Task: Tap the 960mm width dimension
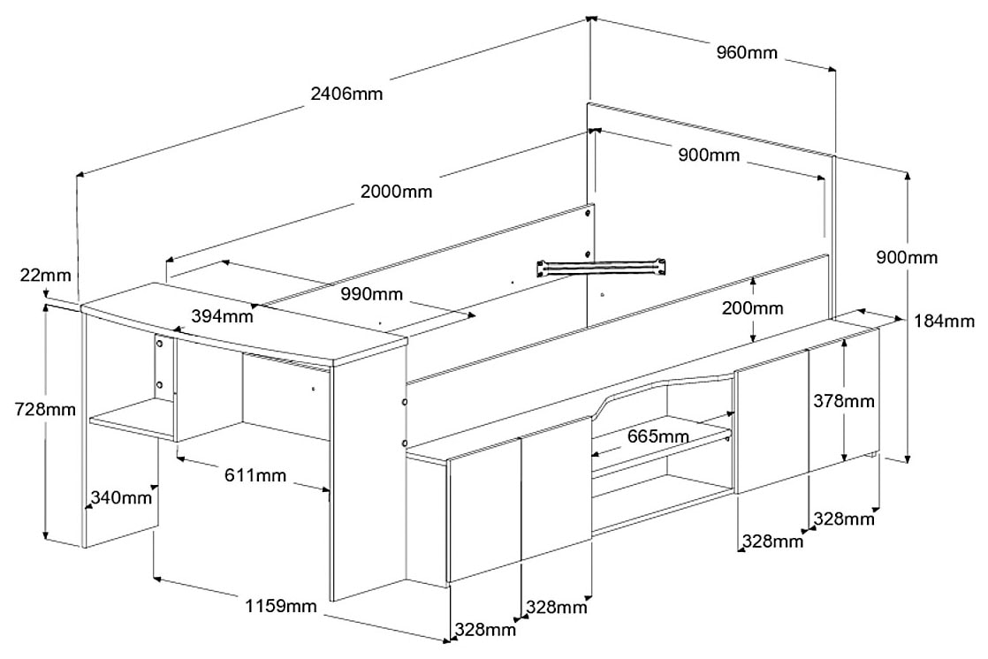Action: click(747, 53)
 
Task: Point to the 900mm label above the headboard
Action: click(708, 155)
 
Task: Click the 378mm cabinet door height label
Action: click(844, 401)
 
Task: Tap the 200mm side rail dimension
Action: click(751, 308)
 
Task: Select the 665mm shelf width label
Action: click(657, 436)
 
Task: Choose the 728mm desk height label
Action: click(44, 409)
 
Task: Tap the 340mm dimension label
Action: click(120, 498)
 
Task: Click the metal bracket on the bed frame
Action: click(601, 265)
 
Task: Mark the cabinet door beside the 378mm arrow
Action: click(771, 420)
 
